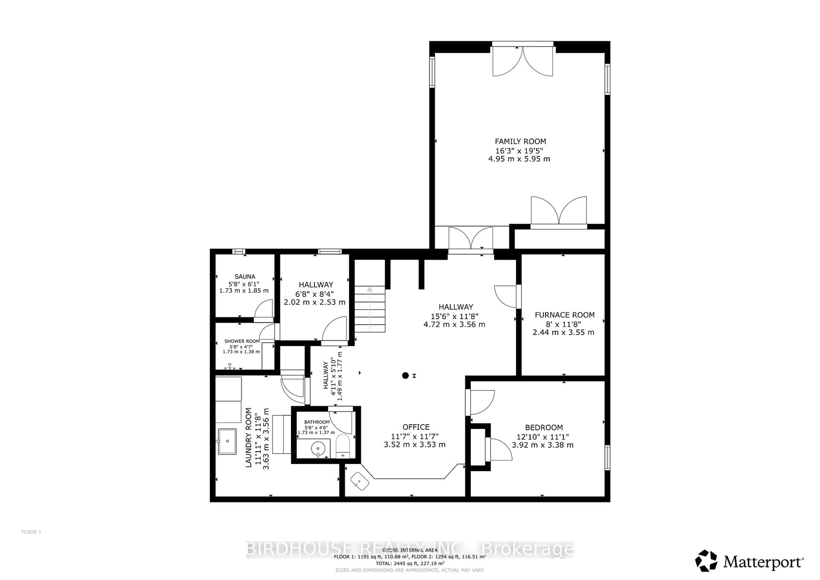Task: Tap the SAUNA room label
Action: tap(245, 276)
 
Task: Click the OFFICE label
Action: tap(416, 427)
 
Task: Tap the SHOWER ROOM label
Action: tap(242, 341)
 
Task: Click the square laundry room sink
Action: tap(227, 441)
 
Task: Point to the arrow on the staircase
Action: tap(370, 290)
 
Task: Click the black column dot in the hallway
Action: tap(405, 375)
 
